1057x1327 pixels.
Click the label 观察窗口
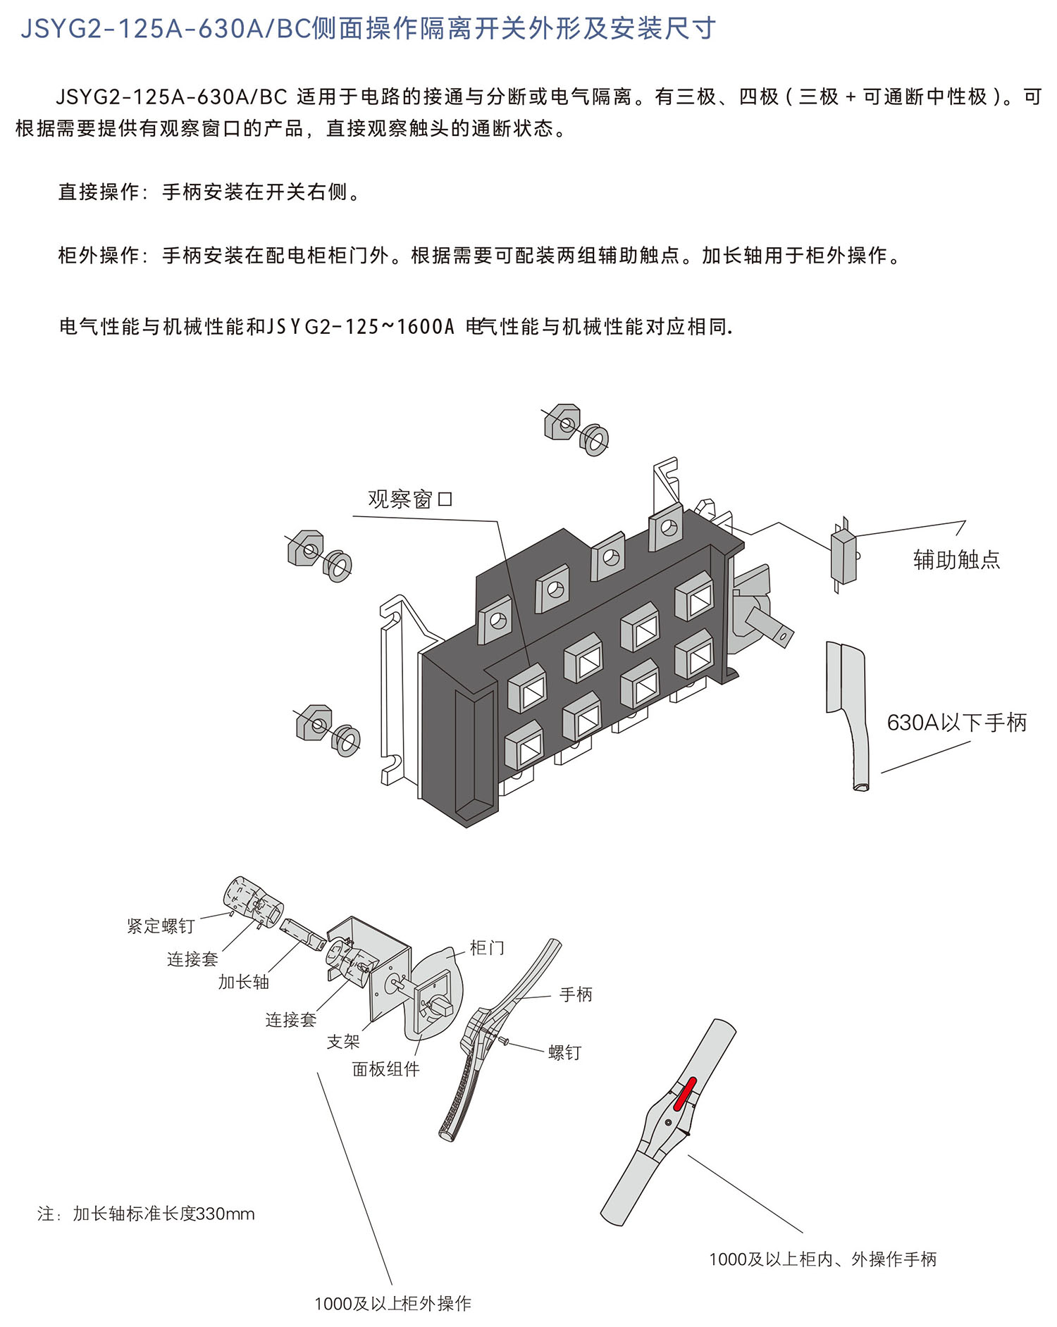pos(410,499)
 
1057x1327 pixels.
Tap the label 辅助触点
pos(956,559)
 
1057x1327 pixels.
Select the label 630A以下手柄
pos(956,722)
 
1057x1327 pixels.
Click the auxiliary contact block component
pos(843,557)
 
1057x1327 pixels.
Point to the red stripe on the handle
pos(685,1093)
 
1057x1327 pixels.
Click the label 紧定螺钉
pos(161,926)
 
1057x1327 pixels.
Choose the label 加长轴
pos(243,982)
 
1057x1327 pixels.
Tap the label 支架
pos(343,1041)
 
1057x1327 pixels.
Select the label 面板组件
pos(385,1069)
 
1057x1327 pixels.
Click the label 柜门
pos(487,948)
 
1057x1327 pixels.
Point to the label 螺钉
pos(564,1052)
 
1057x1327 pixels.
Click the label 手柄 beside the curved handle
pos(576,994)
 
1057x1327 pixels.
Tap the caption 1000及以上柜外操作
pos(392,1304)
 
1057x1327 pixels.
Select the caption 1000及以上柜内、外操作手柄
pos(822,1259)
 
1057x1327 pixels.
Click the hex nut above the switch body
pos(562,422)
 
